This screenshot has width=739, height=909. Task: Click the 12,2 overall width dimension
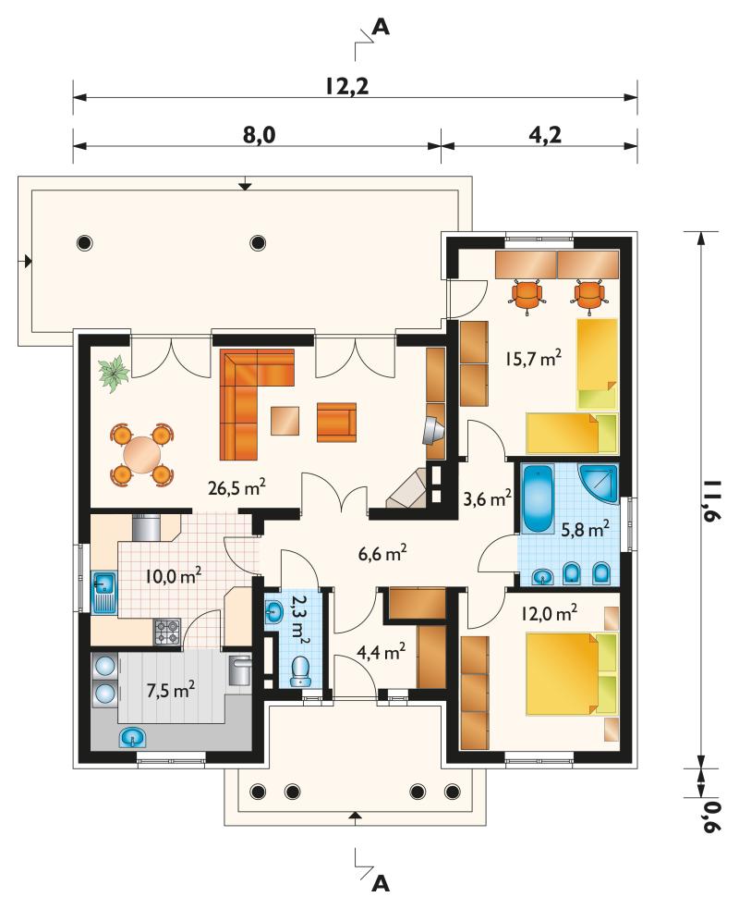[346, 86]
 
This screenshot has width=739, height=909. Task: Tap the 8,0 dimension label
[258, 135]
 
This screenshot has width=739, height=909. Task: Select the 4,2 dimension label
[545, 135]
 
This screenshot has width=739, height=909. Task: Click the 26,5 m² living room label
[236, 487]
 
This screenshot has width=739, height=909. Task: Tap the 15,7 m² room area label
[533, 358]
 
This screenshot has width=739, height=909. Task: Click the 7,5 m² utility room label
[170, 690]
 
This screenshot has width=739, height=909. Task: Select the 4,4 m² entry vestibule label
[381, 653]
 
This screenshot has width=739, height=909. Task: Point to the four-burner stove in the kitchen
[167, 632]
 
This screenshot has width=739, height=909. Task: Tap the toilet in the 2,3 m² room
[300, 672]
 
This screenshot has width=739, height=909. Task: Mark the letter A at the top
[381, 27]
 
